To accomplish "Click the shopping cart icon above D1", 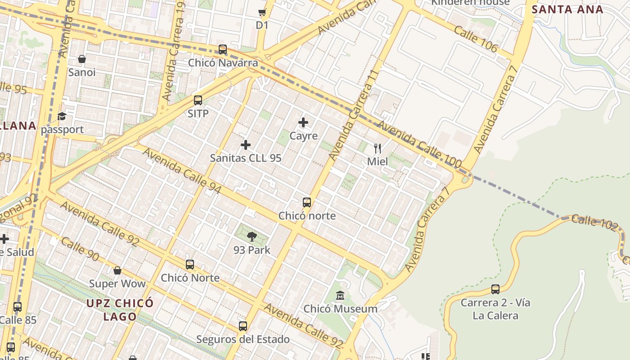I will click(262, 13).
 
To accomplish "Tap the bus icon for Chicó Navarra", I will click(223, 49).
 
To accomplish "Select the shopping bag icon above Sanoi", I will click(82, 59).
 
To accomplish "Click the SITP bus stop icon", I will click(198, 100).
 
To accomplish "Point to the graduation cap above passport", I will click(62, 117).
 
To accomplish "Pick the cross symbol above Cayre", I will click(303, 122).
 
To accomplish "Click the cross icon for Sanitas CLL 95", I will click(246, 144).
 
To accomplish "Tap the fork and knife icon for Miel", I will click(378, 148).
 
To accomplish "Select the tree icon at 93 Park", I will click(252, 237).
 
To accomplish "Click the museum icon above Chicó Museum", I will click(341, 296).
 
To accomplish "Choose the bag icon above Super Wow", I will click(117, 270).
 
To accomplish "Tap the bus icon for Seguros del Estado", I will click(243, 326).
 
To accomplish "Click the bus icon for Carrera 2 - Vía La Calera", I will click(495, 289).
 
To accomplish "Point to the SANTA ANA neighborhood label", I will click(567, 9).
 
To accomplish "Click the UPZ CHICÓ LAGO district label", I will click(120, 310).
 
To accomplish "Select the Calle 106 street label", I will click(476, 39).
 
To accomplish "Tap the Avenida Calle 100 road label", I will click(419, 144).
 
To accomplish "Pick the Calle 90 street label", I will click(80, 249).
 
